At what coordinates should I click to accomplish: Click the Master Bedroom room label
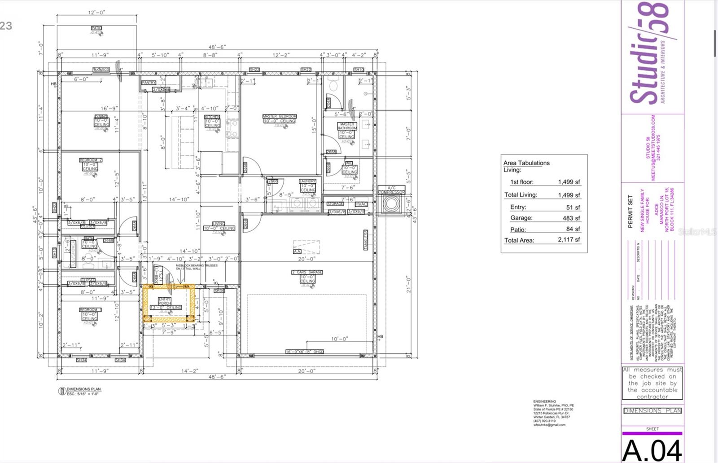[279, 116]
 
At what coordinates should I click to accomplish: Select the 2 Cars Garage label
[307, 272]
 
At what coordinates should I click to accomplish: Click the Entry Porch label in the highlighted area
[165, 301]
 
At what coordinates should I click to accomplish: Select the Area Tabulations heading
[526, 163]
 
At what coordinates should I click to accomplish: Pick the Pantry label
[149, 83]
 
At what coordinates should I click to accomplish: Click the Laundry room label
[307, 181]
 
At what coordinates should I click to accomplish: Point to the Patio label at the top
[96, 28]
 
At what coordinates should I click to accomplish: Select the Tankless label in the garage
[366, 240]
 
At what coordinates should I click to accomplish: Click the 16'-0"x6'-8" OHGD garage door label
[305, 352]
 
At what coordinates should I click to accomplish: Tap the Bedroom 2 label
[91, 160]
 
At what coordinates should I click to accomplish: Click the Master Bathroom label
[346, 126]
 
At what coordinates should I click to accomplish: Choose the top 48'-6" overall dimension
[217, 47]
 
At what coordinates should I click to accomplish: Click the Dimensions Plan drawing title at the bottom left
[84, 389]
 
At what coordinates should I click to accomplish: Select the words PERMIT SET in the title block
[630, 211]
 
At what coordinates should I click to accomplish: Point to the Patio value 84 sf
[573, 229]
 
